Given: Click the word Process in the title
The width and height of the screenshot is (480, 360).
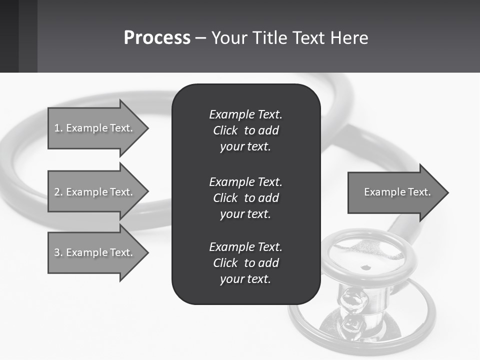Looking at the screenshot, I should pos(157,38).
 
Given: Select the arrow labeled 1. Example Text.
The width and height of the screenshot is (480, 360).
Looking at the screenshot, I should pos(93,128).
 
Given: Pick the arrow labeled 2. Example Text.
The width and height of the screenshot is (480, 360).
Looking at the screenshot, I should pos(93,192).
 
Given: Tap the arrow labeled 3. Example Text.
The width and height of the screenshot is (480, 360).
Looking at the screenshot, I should pos(93,252).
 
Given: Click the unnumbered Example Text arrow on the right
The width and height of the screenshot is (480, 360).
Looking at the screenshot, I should pos(397,192).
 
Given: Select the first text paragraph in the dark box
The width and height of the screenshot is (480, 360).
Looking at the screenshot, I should pos(245,130).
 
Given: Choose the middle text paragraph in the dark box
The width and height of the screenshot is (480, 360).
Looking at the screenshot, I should pos(245,198).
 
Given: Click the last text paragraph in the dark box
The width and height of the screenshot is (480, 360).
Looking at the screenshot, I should pos(245,263).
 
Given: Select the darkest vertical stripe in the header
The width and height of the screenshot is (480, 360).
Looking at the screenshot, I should pos(9,36).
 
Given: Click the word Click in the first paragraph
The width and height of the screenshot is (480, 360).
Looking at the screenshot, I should pos(225,130).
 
